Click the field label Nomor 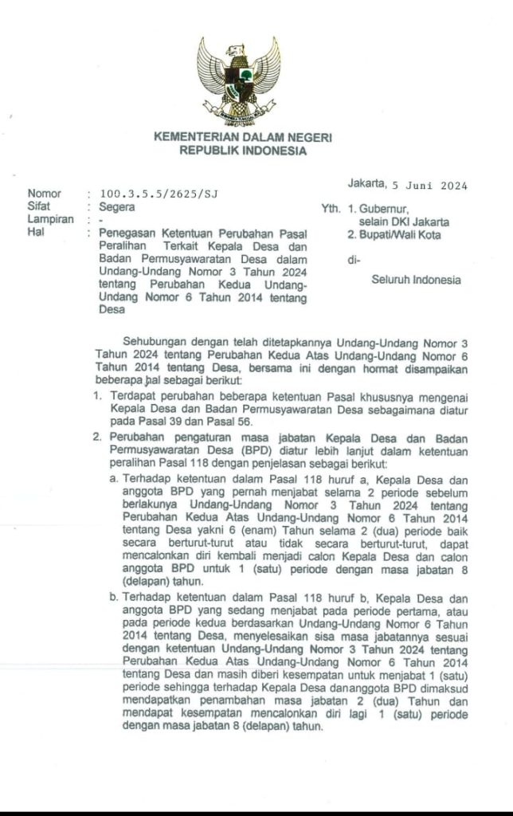[x=43, y=194]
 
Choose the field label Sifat [x=39, y=206]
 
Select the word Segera [x=117, y=206]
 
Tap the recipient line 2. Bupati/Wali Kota [x=394, y=234]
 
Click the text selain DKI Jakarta [x=404, y=222]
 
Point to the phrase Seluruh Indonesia [x=416, y=280]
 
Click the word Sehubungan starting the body [x=155, y=341]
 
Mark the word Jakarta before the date [x=366, y=185]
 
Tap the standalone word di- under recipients [x=354, y=260]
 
